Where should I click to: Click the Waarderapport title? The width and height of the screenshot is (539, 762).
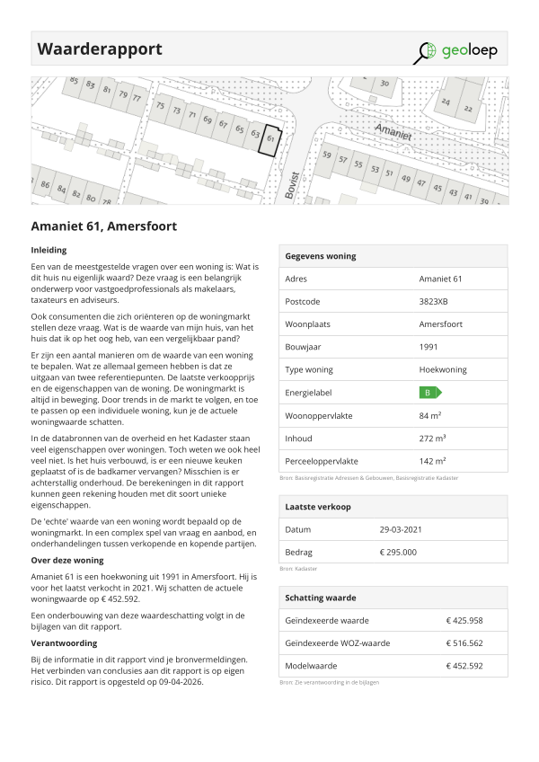[100, 49]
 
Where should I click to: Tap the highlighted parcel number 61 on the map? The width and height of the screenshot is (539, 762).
[271, 140]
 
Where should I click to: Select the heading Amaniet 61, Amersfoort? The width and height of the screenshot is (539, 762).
[103, 226]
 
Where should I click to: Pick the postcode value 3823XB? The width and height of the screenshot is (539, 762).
[435, 302]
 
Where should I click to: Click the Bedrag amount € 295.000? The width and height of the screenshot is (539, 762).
[398, 553]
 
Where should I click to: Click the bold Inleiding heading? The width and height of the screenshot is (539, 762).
[49, 250]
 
